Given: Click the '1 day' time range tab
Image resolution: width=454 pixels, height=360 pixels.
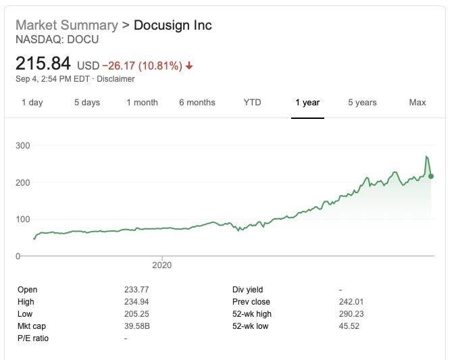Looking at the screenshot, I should click(x=32, y=103).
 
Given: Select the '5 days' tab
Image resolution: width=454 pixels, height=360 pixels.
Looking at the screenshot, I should click(x=86, y=103).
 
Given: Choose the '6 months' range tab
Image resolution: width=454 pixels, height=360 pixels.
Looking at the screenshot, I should click(x=197, y=103).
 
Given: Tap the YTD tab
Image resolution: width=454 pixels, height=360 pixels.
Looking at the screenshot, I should click(x=252, y=103).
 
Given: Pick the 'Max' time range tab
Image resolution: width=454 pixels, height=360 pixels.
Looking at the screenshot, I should click(x=418, y=103).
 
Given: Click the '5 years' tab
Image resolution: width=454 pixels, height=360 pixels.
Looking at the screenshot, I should click(x=362, y=103).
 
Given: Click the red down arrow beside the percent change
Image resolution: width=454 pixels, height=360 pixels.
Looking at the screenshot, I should click(x=189, y=66).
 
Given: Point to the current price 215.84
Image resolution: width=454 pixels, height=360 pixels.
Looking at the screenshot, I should click(x=43, y=65).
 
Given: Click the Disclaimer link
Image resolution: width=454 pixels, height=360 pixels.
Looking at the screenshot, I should click(x=115, y=79).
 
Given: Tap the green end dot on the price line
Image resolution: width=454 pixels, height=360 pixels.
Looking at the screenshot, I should click(x=431, y=176).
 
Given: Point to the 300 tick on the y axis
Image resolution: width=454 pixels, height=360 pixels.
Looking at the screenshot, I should click(x=23, y=146).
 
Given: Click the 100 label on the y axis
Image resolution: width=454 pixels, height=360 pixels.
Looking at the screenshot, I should click(x=23, y=220).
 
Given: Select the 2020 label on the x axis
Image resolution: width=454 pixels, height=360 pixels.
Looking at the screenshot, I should click(x=162, y=265).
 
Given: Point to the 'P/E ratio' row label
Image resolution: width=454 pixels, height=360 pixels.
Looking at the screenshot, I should click(x=33, y=338).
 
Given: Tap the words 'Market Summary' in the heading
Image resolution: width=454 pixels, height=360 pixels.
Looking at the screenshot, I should click(x=66, y=26).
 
